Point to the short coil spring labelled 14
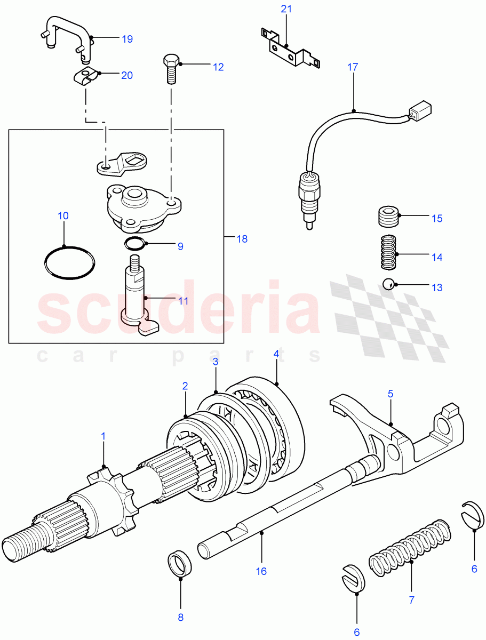pos(389,252)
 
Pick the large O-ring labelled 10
pos(70,262)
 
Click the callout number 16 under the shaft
pos(261,571)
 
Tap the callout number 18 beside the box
pos(242,238)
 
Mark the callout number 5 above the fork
pos(390,394)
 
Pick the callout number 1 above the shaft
pos(103,436)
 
